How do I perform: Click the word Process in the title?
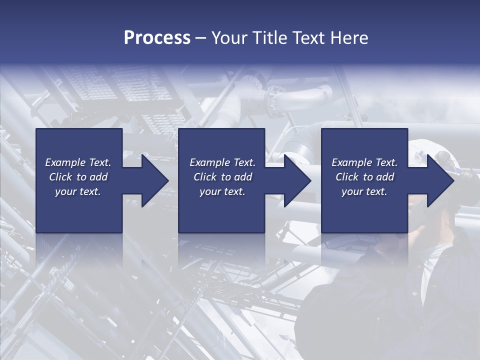[157, 38]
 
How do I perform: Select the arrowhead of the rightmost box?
[438, 180]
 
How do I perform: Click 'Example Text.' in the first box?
[78, 162]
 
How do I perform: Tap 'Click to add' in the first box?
[78, 177]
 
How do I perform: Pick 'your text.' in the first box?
[78, 191]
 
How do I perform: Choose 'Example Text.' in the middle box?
[222, 162]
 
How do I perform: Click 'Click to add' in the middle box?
[222, 177]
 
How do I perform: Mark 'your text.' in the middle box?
[222, 191]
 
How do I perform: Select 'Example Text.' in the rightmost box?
[364, 162]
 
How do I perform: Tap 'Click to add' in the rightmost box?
[364, 177]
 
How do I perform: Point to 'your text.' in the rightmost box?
[364, 191]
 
